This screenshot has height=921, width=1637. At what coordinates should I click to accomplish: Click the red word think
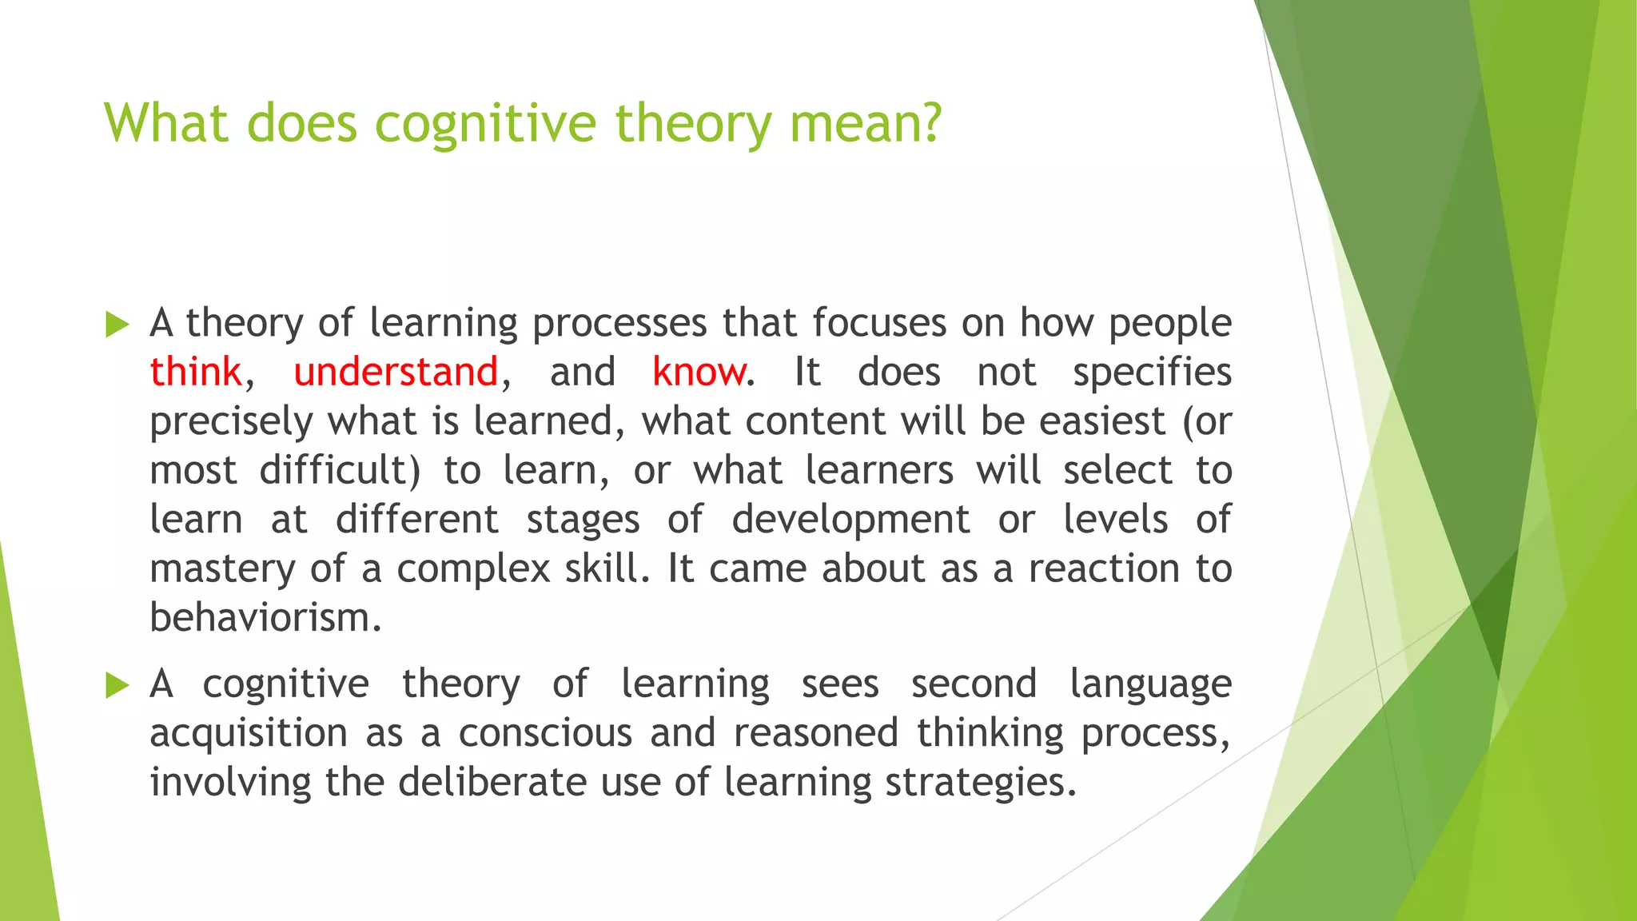click(195, 372)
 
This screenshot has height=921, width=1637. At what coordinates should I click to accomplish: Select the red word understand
click(396, 372)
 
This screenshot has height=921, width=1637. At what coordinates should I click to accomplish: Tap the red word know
click(699, 372)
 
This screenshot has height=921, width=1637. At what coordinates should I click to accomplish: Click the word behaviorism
click(265, 617)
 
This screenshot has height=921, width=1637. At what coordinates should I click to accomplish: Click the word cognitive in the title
click(485, 124)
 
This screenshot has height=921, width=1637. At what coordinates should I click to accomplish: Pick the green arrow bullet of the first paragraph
click(117, 325)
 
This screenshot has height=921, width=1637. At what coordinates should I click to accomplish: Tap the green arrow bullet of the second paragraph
click(117, 685)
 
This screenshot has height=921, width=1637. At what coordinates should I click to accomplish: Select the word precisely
click(231, 422)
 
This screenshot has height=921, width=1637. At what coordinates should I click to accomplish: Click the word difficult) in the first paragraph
click(340, 470)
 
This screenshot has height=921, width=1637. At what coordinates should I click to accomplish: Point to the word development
click(850, 520)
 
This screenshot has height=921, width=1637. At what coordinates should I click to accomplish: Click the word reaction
click(1104, 568)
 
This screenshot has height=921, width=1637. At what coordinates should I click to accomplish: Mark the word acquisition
click(249, 733)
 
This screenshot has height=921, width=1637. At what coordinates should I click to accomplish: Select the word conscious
click(545, 733)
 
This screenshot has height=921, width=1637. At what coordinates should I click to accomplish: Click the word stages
click(583, 520)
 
